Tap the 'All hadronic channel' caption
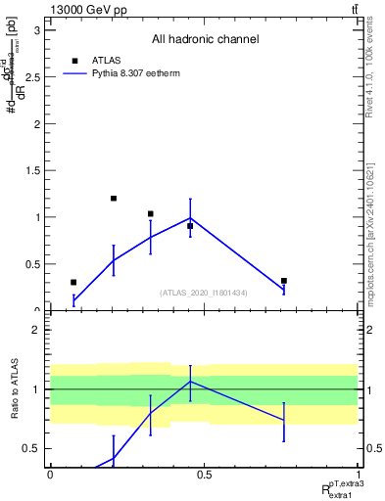pyautogui.click(x=205, y=40)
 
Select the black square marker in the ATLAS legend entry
pyautogui.click(x=73, y=60)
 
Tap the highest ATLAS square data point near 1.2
pyautogui.click(x=114, y=199)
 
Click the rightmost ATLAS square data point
pyautogui.click(x=284, y=281)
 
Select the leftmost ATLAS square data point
pyautogui.click(x=73, y=282)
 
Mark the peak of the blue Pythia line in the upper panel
pyautogui.click(x=190, y=218)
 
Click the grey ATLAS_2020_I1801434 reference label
pyautogui.click(x=204, y=293)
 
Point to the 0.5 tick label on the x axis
pyautogui.click(x=204, y=475)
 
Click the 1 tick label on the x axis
pyautogui.click(x=358, y=475)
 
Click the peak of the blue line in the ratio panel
pyautogui.click(x=190, y=381)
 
